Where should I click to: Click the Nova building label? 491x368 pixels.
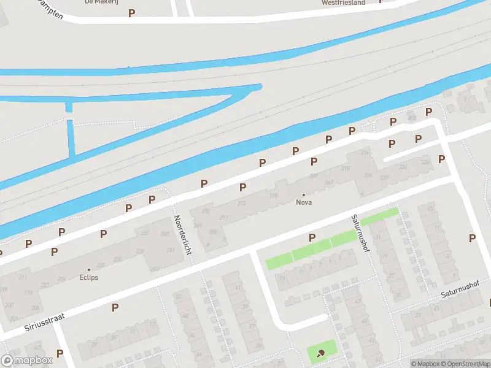click(x=303, y=202)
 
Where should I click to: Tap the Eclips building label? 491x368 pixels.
click(x=88, y=277)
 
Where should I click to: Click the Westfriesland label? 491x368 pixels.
click(x=343, y=2)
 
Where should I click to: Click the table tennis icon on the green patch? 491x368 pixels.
click(x=321, y=353)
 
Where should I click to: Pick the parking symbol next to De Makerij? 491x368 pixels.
click(x=131, y=13)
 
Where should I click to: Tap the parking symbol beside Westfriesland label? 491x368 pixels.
click(x=382, y=1)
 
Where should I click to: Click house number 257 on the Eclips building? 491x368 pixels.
click(x=145, y=234)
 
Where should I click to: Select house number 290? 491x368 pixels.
click(x=206, y=211)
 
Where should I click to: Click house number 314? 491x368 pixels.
click(x=365, y=152)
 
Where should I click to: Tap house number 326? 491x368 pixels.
click(x=368, y=175)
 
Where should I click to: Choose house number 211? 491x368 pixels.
click(x=23, y=277)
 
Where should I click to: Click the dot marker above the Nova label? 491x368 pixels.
click(x=303, y=194)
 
